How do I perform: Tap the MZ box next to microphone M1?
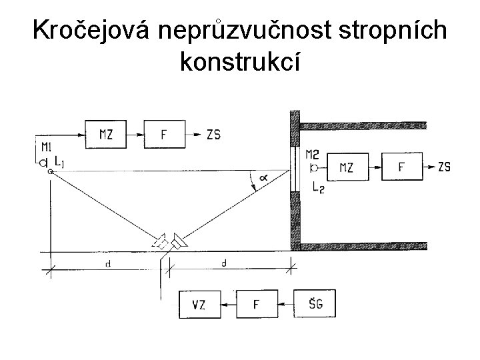click(x=106, y=134)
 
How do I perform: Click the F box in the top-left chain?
click(x=164, y=134)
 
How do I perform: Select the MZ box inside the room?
click(x=347, y=167)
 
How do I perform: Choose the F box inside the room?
click(x=401, y=167)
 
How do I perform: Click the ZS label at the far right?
click(x=445, y=167)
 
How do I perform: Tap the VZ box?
click(x=199, y=305)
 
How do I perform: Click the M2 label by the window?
click(x=312, y=155)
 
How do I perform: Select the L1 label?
click(x=60, y=161)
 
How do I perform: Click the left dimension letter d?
click(x=107, y=264)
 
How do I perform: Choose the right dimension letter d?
click(x=223, y=264)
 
